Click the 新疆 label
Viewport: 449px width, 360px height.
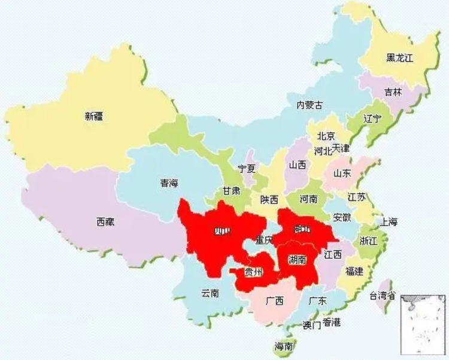click(94, 117)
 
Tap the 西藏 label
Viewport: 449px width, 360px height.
click(105, 222)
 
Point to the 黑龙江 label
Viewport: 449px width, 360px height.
click(400, 58)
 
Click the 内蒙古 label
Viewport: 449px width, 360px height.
click(310, 105)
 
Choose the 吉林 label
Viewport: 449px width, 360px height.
click(393, 93)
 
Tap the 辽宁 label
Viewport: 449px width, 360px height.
click(372, 118)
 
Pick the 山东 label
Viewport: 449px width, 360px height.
click(342, 173)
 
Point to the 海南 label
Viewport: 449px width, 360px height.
click(283, 346)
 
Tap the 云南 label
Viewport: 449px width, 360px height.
click(210, 293)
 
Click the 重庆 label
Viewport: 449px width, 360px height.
click(264, 240)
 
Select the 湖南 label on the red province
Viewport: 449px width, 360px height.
click(297, 260)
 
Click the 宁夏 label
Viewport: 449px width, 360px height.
click(247, 169)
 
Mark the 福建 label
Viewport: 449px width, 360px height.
click(354, 271)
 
